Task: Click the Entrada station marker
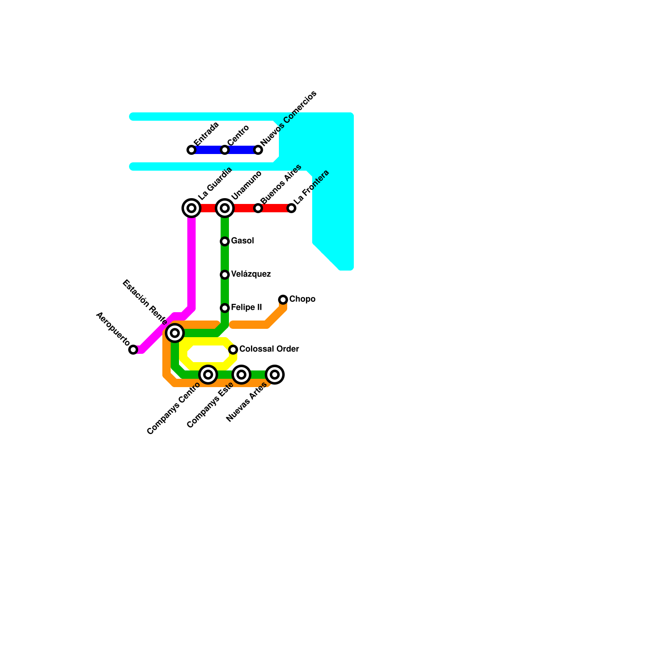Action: (x=191, y=150)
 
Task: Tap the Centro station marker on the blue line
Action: (x=225, y=150)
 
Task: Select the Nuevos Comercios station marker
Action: (x=258, y=150)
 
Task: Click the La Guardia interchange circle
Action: (x=191, y=208)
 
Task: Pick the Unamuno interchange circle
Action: (x=225, y=208)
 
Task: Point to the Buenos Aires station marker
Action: (x=258, y=208)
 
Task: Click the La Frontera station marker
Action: (x=291, y=208)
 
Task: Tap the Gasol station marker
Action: (x=225, y=241)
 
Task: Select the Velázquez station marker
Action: (x=225, y=275)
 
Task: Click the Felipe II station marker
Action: (x=225, y=308)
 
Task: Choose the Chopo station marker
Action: (x=283, y=300)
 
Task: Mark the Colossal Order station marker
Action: (x=233, y=350)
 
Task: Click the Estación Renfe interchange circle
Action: (x=175, y=333)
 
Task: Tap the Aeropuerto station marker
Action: (x=133, y=350)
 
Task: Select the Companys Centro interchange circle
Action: (x=208, y=375)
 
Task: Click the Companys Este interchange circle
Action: (x=241, y=375)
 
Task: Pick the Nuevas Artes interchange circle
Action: (x=275, y=375)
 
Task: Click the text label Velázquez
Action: (x=251, y=274)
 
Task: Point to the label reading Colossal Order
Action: (x=269, y=349)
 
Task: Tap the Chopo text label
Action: (x=302, y=299)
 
